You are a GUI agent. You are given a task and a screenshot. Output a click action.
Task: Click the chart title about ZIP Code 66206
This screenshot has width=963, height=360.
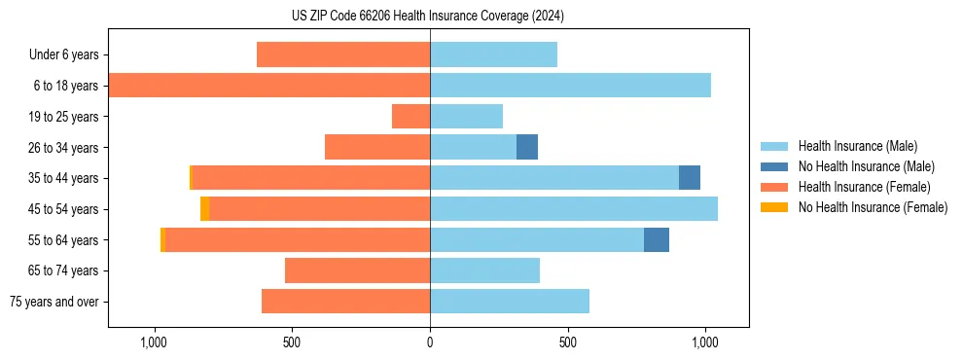coord(428,16)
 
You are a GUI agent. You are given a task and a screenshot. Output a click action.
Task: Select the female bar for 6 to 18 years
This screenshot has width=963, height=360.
coord(269,86)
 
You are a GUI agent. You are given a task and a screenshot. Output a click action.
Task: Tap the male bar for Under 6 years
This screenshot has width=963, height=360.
coord(493,54)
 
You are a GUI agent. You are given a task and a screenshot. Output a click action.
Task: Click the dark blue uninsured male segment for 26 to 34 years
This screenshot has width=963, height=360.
coord(527,147)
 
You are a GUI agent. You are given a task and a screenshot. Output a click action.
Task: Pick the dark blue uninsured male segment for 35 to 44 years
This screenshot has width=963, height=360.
coord(690,178)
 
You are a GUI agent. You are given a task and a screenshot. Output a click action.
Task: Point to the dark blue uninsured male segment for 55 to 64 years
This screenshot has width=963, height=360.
coord(657,239)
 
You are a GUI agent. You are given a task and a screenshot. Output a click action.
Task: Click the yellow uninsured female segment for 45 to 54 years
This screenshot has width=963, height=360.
coord(204,209)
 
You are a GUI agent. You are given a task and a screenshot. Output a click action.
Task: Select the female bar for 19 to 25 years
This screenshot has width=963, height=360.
coord(410,117)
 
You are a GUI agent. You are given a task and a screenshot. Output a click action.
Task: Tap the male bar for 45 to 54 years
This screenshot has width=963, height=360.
coord(574,209)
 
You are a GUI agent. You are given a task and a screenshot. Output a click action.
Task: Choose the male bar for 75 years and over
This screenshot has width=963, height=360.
coord(510,302)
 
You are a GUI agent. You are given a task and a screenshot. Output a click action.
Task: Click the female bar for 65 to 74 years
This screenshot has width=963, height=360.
coord(357,270)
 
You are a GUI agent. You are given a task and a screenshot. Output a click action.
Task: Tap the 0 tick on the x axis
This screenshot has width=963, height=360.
coord(430,342)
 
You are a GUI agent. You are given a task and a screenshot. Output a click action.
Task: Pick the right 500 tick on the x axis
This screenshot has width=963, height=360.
coord(568,342)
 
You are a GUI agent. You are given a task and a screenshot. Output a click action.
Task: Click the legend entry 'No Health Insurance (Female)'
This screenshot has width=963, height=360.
coord(873,207)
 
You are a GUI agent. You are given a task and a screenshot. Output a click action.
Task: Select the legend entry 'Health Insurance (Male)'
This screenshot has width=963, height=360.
coord(857,146)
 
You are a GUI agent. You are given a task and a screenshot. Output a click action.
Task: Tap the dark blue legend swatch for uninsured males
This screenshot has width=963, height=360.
coord(774,166)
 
